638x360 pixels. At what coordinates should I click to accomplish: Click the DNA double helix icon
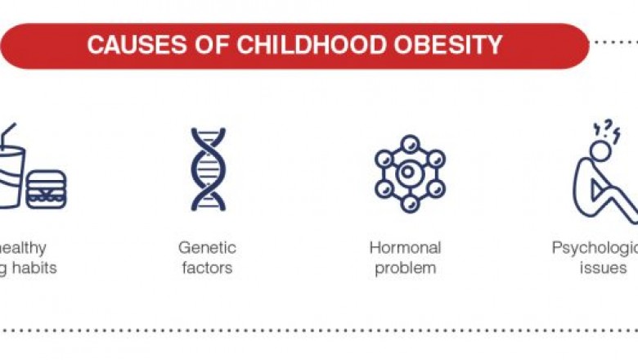pos(208,169)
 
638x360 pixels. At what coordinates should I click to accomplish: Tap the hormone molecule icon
pos(410,173)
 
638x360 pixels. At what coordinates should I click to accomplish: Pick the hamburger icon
pos(46,189)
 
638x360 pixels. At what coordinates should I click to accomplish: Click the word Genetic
pos(207,247)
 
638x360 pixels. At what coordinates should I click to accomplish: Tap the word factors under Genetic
pos(207,268)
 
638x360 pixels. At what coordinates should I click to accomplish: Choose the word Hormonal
pos(405,247)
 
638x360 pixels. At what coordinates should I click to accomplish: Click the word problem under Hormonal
pos(405,268)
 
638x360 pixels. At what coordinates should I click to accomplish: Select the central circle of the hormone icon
pos(410,173)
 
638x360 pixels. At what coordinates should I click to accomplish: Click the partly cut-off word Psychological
pos(594,247)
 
